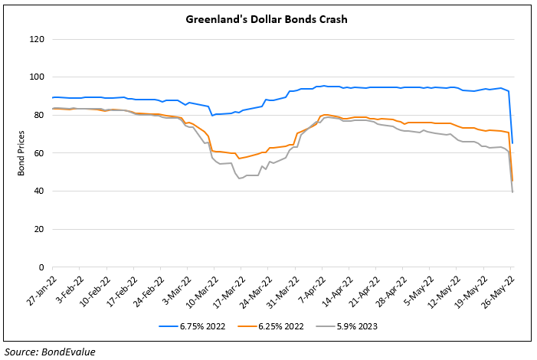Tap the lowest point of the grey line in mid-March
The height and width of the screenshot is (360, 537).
click(241, 178)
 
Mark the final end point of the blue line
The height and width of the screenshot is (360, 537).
click(512, 143)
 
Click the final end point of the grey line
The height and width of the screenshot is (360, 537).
click(512, 192)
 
